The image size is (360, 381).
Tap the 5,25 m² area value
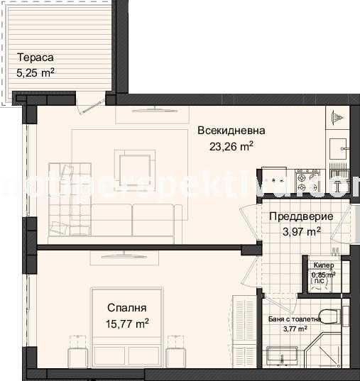(36, 72)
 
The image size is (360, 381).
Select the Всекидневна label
(231, 131)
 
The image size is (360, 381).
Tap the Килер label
(323, 266)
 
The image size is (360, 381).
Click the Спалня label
(127, 308)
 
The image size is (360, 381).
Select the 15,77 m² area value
(127, 323)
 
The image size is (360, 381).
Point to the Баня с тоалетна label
(295, 319)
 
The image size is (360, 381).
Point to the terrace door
(90, 104)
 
